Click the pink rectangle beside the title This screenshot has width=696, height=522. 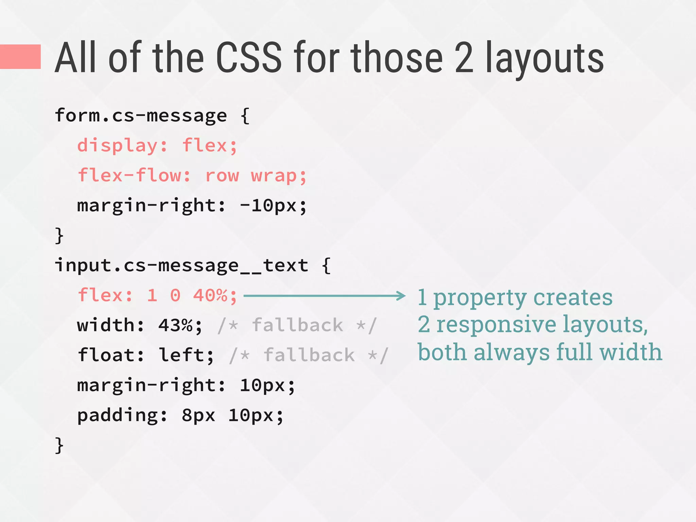click(x=20, y=57)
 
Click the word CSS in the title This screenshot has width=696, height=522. click(x=249, y=58)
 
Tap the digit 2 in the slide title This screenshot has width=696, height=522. click(x=464, y=58)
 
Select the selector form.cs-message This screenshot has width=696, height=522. click(x=141, y=116)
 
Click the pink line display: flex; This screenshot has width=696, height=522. click(x=157, y=146)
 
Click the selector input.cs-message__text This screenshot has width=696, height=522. click(x=181, y=265)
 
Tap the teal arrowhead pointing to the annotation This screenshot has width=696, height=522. click(x=401, y=296)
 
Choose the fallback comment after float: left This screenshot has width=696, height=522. click(x=309, y=355)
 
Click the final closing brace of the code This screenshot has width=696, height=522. click(x=59, y=445)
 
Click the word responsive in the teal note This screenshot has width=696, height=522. click(x=496, y=325)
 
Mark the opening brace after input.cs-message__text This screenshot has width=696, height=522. click(x=326, y=265)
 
